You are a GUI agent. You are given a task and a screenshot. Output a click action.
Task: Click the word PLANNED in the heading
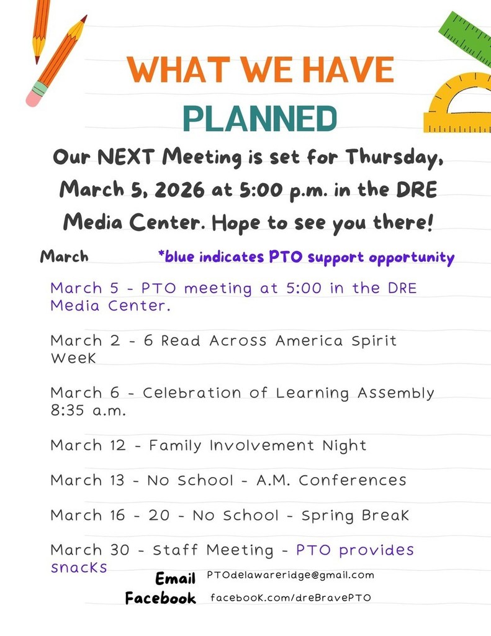click(261, 118)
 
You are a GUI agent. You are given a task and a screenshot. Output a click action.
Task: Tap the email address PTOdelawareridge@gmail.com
click(291, 575)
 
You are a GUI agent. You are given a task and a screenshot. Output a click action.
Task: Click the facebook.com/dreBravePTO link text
click(291, 597)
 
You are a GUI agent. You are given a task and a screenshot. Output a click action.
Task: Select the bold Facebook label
click(160, 598)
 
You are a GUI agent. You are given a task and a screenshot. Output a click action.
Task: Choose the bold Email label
click(176, 579)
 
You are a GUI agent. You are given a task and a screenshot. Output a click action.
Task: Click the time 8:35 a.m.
click(88, 411)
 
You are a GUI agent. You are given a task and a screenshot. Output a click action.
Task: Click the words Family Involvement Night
click(258, 445)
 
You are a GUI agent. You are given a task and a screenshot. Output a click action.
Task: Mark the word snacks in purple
click(79, 567)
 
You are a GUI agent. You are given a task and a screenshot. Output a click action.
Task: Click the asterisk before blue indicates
click(161, 255)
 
